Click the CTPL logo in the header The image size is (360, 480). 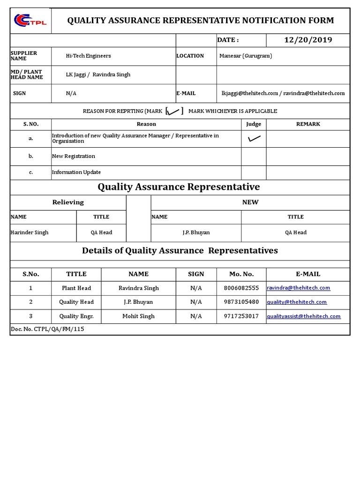tap(30, 21)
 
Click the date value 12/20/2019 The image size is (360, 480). tap(308, 40)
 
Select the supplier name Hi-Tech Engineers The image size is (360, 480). tap(89, 56)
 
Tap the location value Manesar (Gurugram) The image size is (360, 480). tap(245, 56)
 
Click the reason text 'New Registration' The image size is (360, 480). tap(74, 156)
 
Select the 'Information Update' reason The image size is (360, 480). tap(76, 172)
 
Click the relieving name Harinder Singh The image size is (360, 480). tap(30, 232)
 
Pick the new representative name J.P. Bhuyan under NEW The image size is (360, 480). tap(196, 232)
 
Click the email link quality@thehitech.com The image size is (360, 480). tap(297, 302)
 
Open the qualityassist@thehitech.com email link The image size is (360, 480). tap(304, 316)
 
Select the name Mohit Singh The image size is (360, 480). tap(138, 316)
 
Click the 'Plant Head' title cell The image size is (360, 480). tap(76, 288)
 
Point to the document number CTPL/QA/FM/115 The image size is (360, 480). tap(47, 329)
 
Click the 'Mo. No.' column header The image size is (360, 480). tap(241, 274)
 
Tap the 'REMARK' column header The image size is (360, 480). tap(308, 124)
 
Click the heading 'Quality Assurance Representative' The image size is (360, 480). tap(179, 187)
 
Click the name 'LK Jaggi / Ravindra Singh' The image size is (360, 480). tap(98, 75)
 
